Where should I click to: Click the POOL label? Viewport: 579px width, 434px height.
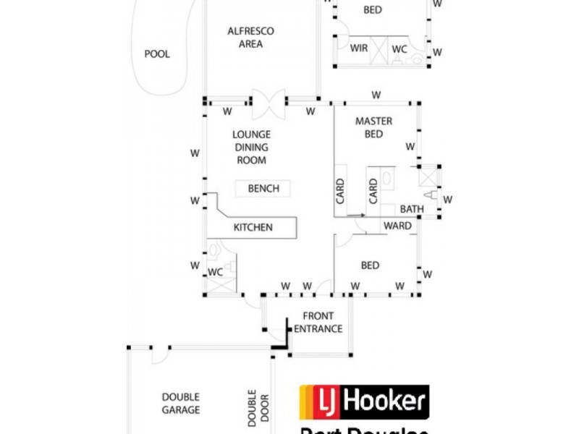[x=157, y=54]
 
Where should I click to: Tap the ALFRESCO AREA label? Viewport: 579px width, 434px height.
[x=250, y=38]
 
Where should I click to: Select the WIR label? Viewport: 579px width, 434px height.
[x=359, y=48]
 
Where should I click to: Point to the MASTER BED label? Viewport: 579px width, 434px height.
[x=373, y=127]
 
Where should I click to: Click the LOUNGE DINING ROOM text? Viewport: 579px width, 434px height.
[x=251, y=147]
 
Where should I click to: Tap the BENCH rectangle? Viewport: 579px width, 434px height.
[x=263, y=188]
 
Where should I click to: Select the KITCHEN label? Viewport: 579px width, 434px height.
[x=253, y=227]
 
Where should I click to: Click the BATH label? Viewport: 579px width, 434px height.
[x=412, y=209]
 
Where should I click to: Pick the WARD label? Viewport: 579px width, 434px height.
[x=397, y=226]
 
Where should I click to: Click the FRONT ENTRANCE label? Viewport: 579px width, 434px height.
[x=318, y=323]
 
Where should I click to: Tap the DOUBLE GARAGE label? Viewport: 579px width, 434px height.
[x=180, y=404]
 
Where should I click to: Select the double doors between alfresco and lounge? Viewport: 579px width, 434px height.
[x=269, y=104]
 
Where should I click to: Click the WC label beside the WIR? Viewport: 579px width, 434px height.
[x=400, y=48]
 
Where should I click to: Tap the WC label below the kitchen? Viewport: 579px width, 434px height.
[x=215, y=273]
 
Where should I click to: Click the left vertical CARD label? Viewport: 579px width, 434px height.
[x=340, y=191]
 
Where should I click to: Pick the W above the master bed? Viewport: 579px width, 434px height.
[x=376, y=95]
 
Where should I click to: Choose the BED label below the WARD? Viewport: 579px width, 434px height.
[x=370, y=265]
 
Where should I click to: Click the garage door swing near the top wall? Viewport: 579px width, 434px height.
[x=159, y=355]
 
